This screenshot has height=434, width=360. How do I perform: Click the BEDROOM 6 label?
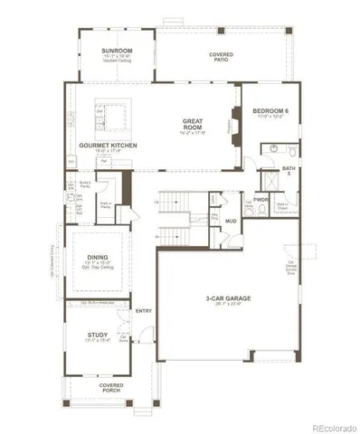click(x=272, y=110)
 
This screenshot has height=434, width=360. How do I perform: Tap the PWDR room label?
click(x=261, y=198)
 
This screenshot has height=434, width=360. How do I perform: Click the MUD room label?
click(x=232, y=221)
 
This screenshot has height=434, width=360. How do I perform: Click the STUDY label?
click(x=98, y=335)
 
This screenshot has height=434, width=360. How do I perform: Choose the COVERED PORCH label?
click(x=112, y=387)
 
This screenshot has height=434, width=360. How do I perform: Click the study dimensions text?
click(x=98, y=341)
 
